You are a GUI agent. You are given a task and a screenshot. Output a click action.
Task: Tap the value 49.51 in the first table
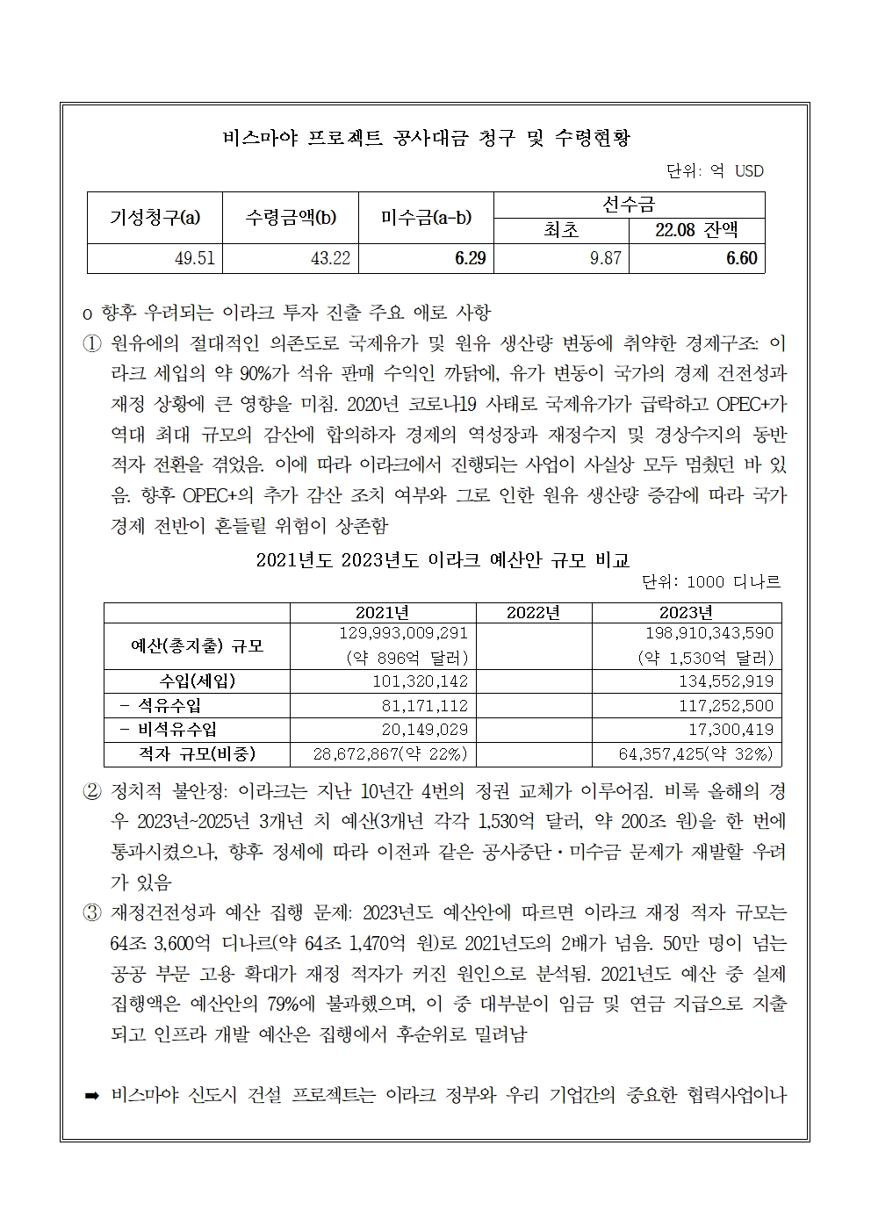(195, 259)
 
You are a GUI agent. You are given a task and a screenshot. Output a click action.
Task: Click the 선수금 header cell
(629, 205)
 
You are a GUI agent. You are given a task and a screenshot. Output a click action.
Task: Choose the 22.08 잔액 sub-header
(696, 230)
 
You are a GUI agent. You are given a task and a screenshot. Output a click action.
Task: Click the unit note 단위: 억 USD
(715, 170)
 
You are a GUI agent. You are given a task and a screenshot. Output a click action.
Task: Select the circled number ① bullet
(91, 342)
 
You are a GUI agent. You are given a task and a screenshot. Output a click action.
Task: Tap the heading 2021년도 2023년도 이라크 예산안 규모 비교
(443, 559)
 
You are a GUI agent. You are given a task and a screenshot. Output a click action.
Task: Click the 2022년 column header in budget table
(533, 612)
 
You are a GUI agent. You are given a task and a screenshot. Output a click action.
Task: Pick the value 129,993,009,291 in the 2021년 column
(403, 633)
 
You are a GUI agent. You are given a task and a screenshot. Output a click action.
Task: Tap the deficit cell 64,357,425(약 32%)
(695, 753)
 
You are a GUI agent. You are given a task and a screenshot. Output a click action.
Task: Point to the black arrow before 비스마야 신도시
(92, 1095)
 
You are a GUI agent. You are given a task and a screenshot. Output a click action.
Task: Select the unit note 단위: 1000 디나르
(712, 582)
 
